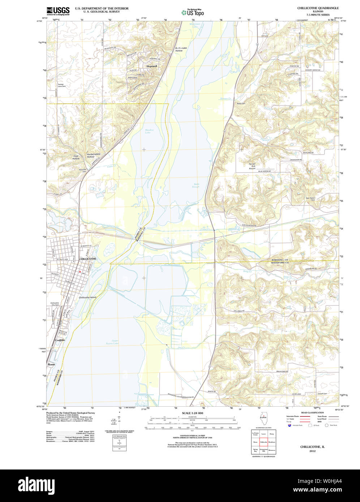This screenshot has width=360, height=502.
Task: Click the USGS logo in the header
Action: (x=58, y=11)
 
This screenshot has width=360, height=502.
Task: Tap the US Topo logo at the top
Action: (x=193, y=12)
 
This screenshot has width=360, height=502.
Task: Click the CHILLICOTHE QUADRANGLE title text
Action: (x=318, y=8)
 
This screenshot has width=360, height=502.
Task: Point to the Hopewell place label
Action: (x=152, y=66)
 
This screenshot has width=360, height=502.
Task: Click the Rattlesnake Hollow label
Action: (x=179, y=49)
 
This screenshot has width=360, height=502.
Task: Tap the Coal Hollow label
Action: (x=76, y=157)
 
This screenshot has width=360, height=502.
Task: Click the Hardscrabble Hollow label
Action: (x=93, y=155)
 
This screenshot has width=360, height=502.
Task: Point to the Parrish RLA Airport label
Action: (x=252, y=166)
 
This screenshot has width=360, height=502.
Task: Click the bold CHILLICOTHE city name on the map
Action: (x=87, y=259)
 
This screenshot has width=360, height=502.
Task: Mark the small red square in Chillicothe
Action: (x=80, y=272)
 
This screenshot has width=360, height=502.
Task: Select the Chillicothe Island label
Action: (x=87, y=297)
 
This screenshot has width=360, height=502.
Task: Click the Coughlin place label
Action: (x=60, y=340)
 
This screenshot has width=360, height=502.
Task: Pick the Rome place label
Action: (x=51, y=364)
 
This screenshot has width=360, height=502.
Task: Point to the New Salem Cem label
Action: (x=311, y=199)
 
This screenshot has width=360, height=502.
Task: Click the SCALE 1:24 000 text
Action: (x=192, y=413)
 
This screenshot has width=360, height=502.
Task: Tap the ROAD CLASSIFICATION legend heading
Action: (x=312, y=412)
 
